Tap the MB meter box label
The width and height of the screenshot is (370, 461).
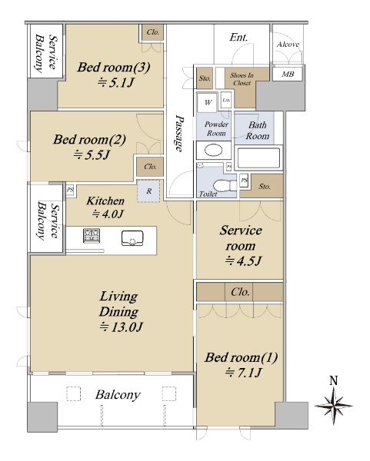(288, 74)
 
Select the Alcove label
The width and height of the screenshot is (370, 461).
(288, 45)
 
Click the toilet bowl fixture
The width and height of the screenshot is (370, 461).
(225, 186)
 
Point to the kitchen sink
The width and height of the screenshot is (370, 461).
(132, 238)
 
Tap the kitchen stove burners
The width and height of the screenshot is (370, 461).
(92, 236)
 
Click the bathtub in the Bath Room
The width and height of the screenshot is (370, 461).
(258, 158)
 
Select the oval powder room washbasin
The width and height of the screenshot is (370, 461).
(213, 151)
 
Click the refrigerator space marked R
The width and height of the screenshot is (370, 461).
(148, 191)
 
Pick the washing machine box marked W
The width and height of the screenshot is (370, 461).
(208, 102)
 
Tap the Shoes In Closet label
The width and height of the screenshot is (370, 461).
(242, 79)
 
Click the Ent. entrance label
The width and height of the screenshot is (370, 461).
(238, 38)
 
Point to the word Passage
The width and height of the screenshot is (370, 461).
(179, 133)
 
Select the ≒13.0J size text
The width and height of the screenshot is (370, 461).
(121, 327)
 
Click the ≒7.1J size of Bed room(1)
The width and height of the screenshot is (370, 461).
(243, 373)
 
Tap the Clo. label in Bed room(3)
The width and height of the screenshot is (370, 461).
(153, 32)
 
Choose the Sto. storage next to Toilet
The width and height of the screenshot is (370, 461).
(265, 187)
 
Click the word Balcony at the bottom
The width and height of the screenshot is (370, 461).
(118, 395)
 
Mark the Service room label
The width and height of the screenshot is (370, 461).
(241, 238)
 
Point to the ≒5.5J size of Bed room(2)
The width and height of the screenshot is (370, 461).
(91, 154)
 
